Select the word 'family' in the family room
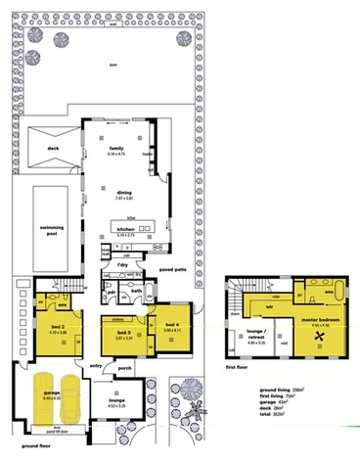tap(115, 148)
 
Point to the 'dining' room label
tap(124, 193)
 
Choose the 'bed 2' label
tap(57, 327)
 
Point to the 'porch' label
tap(154, 369)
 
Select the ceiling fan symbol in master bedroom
tap(320, 333)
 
